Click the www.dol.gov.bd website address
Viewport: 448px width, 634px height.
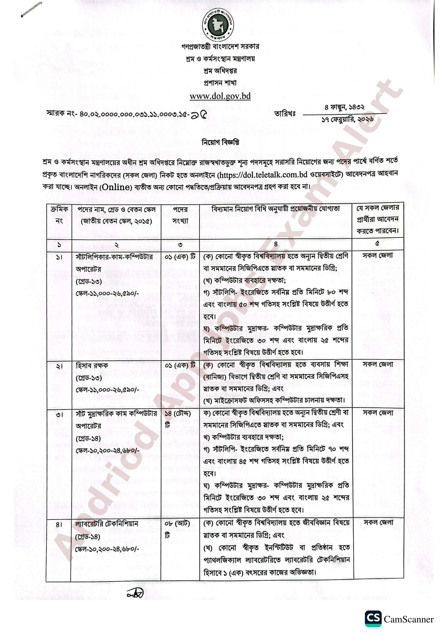[x=220, y=96]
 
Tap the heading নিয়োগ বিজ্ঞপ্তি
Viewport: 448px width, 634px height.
[x=220, y=142]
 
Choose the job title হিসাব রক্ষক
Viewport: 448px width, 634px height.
[x=92, y=366]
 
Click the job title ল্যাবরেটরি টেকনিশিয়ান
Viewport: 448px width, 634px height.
[x=107, y=524]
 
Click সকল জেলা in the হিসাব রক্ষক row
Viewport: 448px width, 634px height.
[x=378, y=364]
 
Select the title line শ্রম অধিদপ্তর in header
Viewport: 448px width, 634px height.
[x=220, y=71]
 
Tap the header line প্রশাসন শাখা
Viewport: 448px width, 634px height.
[x=220, y=83]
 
